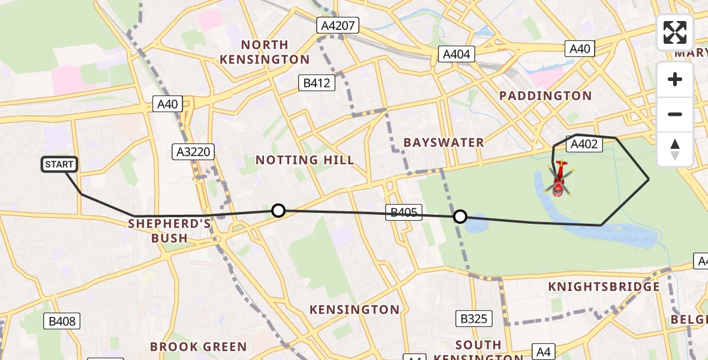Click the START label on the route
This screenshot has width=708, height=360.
click(x=59, y=164)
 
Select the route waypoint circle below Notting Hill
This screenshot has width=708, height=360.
click(x=278, y=210)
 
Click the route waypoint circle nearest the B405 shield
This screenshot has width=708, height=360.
click(x=460, y=217)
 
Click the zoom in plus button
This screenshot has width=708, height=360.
click(x=675, y=79)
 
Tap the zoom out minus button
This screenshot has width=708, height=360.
click(x=675, y=114)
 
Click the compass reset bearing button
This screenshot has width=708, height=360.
click(x=675, y=149)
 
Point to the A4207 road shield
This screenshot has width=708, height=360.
click(x=339, y=25)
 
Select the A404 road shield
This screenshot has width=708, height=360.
click(x=456, y=55)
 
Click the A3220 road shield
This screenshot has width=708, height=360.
click(x=193, y=152)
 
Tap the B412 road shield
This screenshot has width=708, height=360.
click(x=316, y=83)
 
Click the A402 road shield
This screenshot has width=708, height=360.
click(x=583, y=144)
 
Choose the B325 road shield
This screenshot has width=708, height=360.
click(x=473, y=319)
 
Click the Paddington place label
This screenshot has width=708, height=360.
click(x=545, y=96)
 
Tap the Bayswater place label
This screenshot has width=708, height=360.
click(x=443, y=143)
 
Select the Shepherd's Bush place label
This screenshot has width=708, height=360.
click(x=170, y=230)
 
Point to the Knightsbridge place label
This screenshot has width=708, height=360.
click(x=604, y=287)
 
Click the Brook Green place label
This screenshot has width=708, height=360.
click(x=198, y=347)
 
